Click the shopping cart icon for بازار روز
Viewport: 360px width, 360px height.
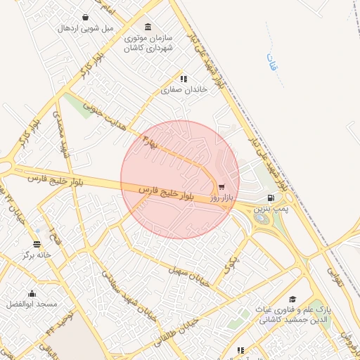tap(222, 188)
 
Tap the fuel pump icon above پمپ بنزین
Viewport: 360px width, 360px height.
tap(271, 199)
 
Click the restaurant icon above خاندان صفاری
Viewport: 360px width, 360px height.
tap(184, 79)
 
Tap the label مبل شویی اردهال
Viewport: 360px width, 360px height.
tap(84, 28)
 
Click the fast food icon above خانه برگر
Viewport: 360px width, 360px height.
tap(37, 245)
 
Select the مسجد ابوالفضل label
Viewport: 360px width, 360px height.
tap(31, 304)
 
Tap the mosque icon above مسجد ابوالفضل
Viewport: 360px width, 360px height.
tap(31, 294)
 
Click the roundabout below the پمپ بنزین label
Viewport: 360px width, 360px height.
tap(264, 219)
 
